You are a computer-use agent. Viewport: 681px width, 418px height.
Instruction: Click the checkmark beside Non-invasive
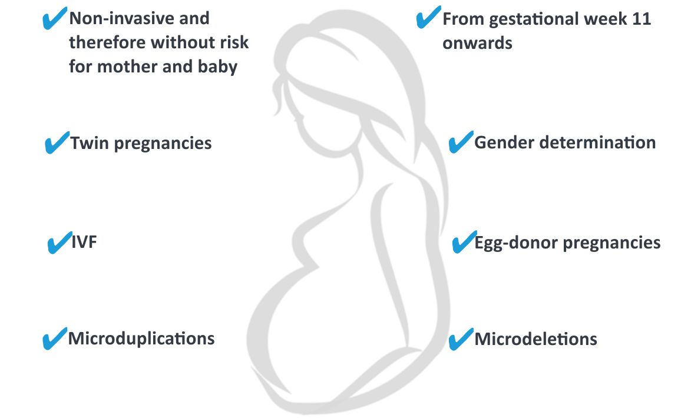[x=54, y=19]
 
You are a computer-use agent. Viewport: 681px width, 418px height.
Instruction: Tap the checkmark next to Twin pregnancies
[x=57, y=142]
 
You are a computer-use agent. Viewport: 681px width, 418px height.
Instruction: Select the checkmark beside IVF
[x=59, y=242]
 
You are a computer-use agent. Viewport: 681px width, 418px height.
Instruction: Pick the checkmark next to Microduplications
[x=54, y=339]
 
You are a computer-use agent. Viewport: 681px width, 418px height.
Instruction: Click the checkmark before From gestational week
[x=428, y=17]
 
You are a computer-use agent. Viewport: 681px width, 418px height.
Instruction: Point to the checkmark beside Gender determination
[x=461, y=142]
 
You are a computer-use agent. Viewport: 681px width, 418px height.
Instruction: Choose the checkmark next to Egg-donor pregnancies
[x=464, y=242]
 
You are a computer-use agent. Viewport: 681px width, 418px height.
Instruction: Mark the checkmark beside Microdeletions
[x=461, y=339]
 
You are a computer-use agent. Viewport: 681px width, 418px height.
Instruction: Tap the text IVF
[x=84, y=242]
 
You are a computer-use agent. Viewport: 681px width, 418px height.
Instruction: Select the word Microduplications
[x=141, y=339]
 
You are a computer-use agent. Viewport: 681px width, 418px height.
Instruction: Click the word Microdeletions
[x=535, y=339]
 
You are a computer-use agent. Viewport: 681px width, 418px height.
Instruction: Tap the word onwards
[x=477, y=44]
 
